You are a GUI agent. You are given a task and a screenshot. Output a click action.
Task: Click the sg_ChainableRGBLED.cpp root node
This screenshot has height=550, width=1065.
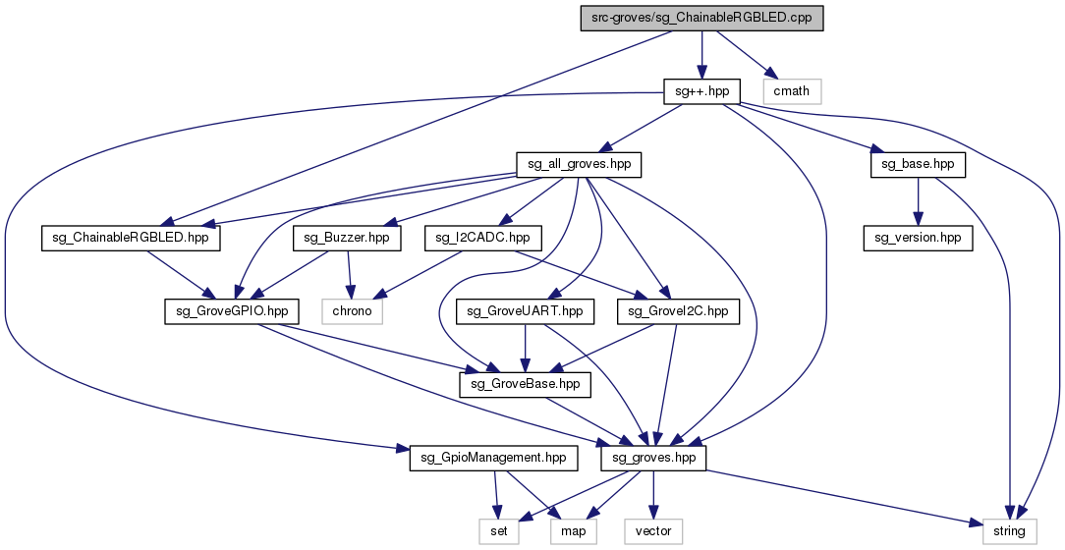pyautogui.click(x=700, y=18)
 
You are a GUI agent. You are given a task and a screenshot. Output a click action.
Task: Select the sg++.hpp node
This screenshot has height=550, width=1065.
pyautogui.click(x=701, y=91)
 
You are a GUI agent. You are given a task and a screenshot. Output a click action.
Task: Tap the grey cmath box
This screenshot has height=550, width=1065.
pyautogui.click(x=792, y=91)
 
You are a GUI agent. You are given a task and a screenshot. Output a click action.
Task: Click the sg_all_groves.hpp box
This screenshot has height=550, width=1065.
pyautogui.click(x=579, y=164)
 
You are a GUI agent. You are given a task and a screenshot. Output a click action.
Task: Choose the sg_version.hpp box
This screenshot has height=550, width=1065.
pyautogui.click(x=918, y=238)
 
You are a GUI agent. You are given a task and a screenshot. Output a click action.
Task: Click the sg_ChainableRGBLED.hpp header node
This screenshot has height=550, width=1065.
pyautogui.click(x=131, y=238)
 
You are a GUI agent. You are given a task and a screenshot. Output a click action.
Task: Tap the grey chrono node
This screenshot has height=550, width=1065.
pyautogui.click(x=353, y=311)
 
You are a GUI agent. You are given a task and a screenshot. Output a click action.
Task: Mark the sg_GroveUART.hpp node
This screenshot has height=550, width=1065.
pyautogui.click(x=526, y=311)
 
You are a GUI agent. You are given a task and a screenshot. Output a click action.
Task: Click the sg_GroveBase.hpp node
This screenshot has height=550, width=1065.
pyautogui.click(x=526, y=385)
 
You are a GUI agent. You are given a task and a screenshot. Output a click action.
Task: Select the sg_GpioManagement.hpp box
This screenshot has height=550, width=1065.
pyautogui.click(x=488, y=458)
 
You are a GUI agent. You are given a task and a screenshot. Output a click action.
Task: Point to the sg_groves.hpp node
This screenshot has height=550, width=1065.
pyautogui.click(x=653, y=458)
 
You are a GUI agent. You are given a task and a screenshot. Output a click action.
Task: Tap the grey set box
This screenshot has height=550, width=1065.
pyautogui.click(x=498, y=531)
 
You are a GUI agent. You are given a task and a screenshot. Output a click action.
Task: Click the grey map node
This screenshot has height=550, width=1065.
pyautogui.click(x=573, y=531)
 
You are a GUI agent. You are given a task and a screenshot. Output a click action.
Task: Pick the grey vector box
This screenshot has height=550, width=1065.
pyautogui.click(x=653, y=531)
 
